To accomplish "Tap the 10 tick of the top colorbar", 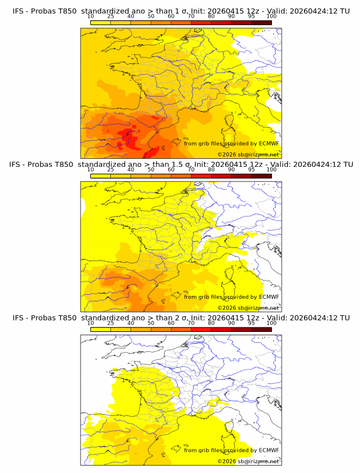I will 91,16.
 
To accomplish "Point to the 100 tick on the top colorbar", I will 271,16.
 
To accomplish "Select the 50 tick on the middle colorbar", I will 151,170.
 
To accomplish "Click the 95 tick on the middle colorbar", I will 251,170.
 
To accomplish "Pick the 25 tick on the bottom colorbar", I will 111,323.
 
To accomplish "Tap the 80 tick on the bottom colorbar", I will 211,323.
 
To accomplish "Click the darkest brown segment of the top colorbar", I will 261,22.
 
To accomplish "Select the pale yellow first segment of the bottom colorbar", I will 101,330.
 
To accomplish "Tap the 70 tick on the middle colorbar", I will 191,170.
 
